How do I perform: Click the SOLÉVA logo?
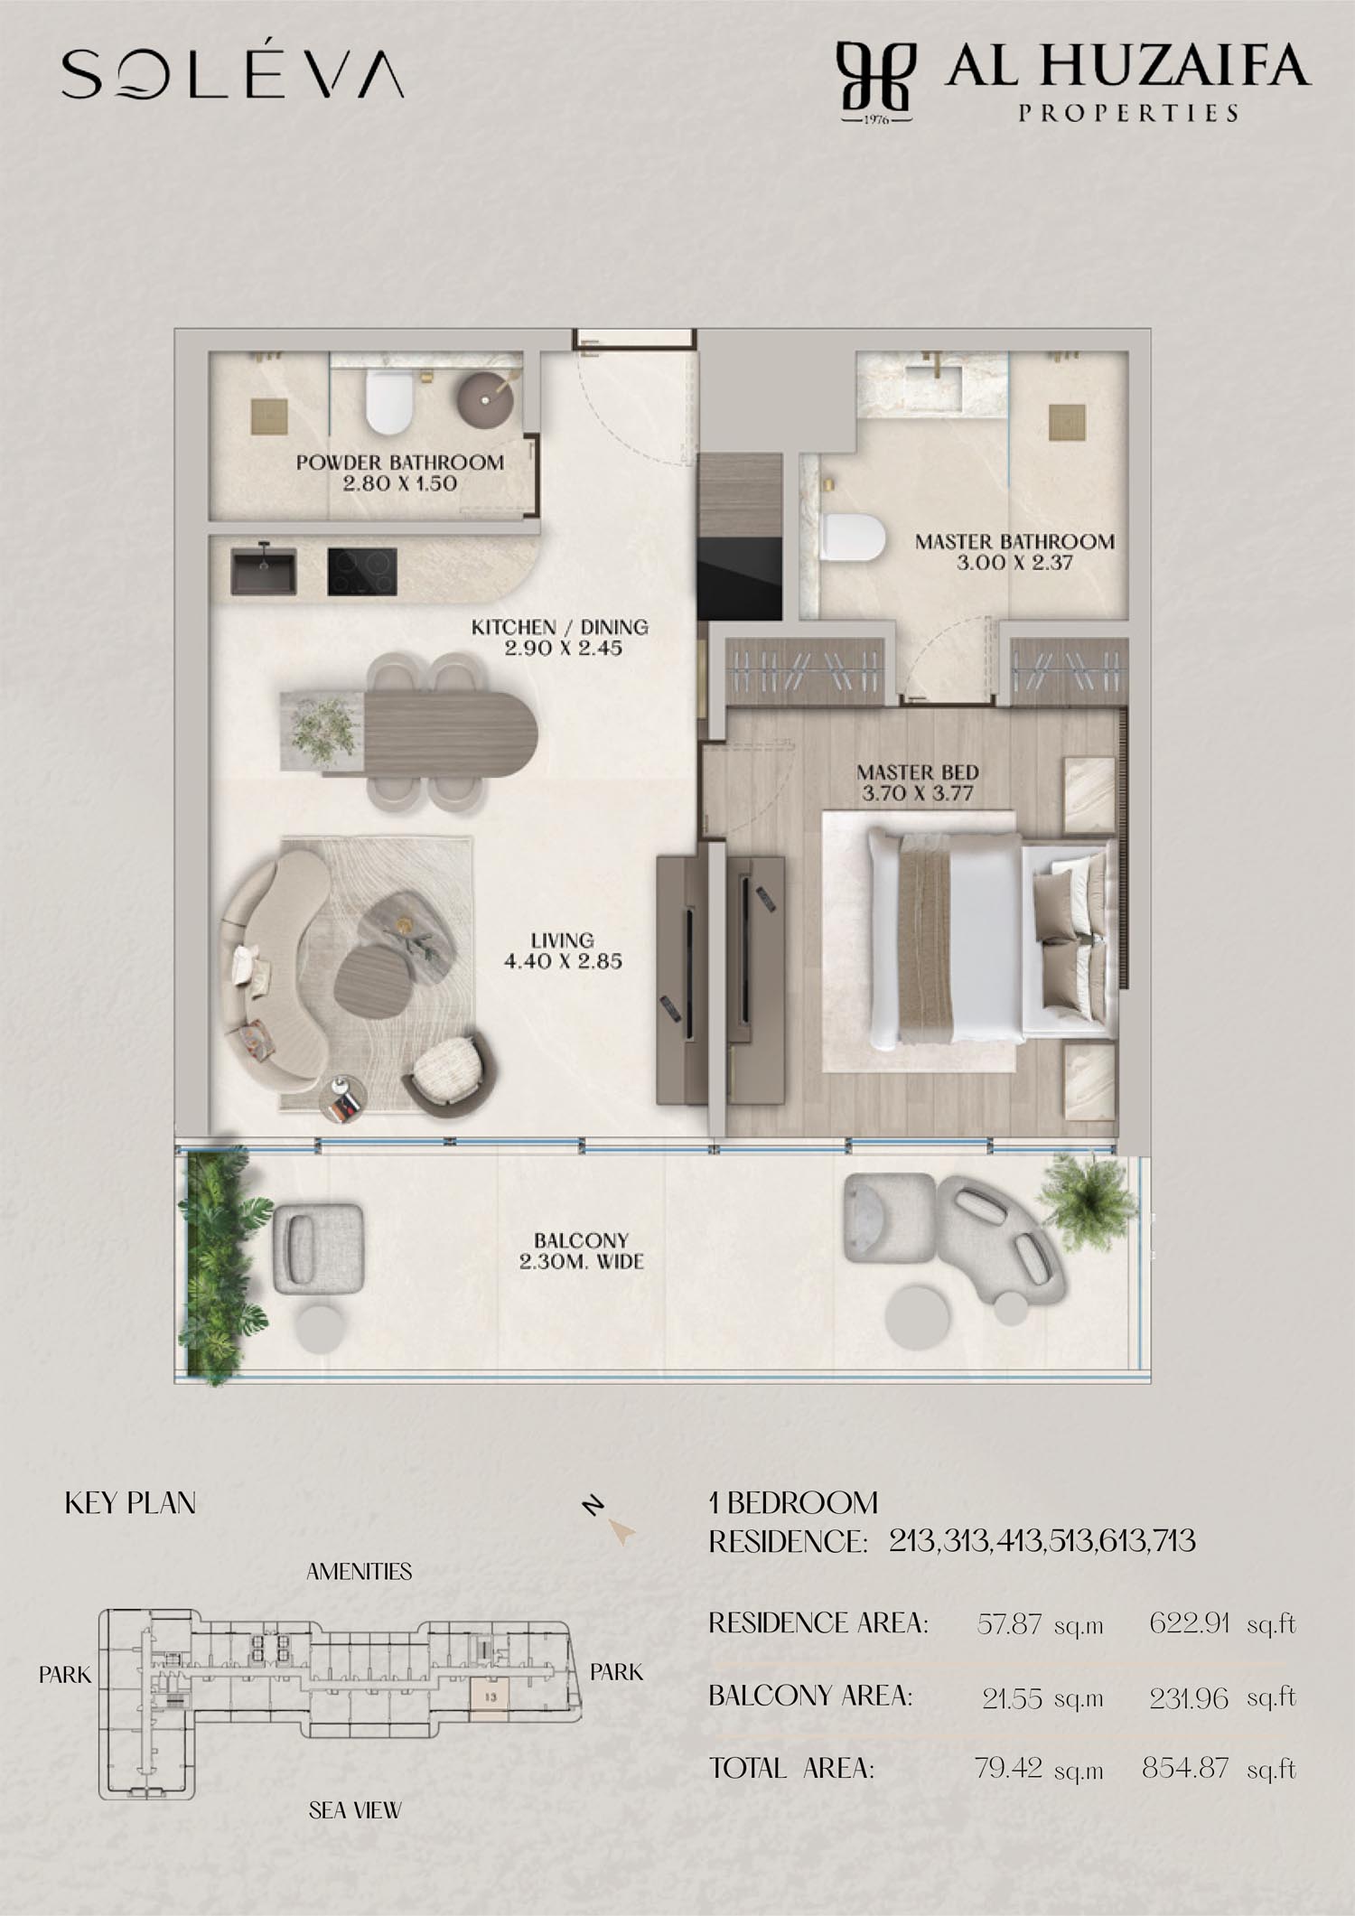232,73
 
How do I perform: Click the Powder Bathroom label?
400,472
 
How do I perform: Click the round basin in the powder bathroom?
486,397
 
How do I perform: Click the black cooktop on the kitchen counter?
361,572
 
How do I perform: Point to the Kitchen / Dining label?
560,637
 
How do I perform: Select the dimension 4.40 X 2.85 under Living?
563,961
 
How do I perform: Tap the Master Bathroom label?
1014,552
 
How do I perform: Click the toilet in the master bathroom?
853,537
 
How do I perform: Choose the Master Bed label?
918,783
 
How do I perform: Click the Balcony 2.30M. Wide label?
581,1251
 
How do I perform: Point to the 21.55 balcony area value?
1012,1698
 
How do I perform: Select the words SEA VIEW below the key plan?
355,1810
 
